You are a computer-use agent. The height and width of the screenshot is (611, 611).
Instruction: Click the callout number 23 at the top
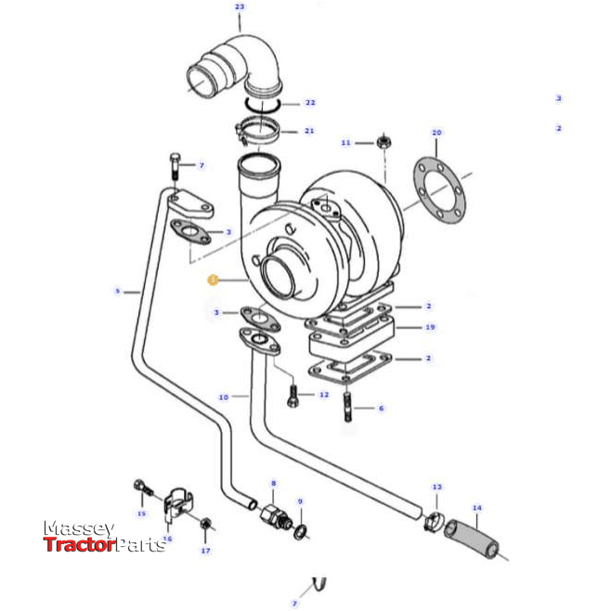[x=240, y=6]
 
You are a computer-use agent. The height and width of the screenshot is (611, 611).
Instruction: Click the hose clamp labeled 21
[x=258, y=131]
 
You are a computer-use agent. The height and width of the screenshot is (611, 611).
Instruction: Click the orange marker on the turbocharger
[x=213, y=278]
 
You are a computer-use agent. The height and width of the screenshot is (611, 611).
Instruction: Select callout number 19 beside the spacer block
[x=429, y=327]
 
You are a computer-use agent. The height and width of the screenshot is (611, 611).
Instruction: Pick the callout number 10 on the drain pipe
[x=223, y=397]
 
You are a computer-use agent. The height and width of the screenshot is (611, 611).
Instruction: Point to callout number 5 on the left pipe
[x=118, y=291]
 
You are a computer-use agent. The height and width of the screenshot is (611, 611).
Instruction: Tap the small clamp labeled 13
[x=432, y=521]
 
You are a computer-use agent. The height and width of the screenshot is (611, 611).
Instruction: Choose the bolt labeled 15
[x=141, y=487]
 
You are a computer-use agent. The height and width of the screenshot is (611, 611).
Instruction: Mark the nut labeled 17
[x=205, y=526]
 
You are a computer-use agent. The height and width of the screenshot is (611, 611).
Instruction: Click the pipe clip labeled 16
[x=171, y=506]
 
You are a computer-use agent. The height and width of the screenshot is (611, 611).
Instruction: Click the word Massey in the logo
[x=79, y=528]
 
